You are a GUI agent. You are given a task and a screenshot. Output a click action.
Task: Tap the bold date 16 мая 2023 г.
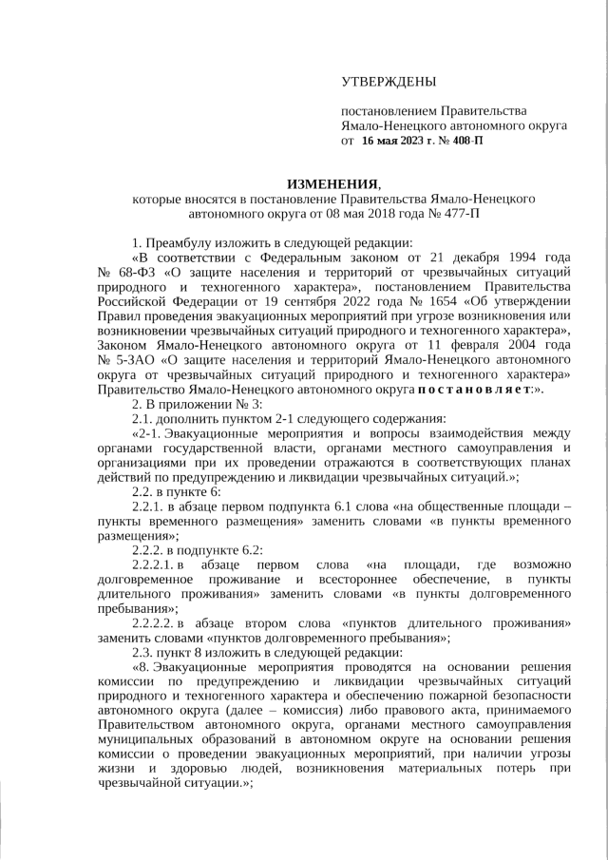396,141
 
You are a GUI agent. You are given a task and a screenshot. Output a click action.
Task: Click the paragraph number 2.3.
142,653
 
